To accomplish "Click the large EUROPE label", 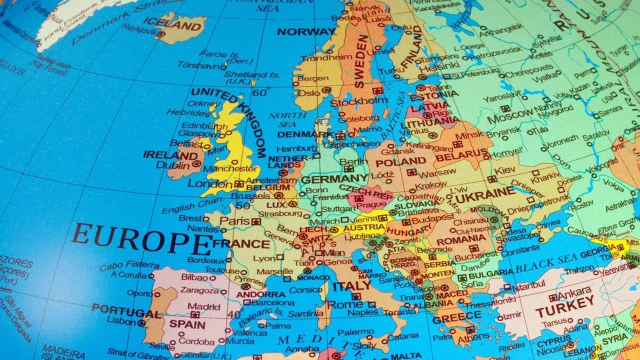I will point(141,239).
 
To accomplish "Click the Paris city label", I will point(234,221).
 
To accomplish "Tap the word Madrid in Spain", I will point(203,306).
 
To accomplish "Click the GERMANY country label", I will point(334,179).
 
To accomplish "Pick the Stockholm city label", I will point(359,101).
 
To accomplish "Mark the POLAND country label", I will point(400,162).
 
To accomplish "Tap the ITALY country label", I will point(352,286).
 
